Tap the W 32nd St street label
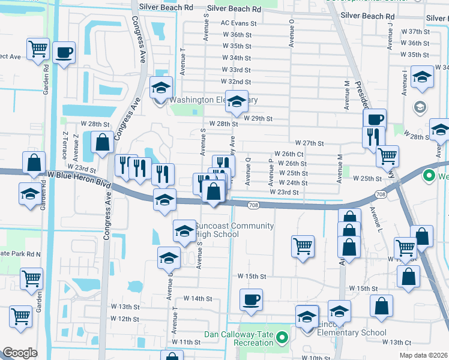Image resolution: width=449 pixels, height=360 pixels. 236,81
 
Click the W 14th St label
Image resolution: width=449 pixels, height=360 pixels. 198,298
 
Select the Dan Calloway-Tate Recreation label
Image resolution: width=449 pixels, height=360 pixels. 238,338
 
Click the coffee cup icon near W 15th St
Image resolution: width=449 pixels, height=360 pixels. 251,299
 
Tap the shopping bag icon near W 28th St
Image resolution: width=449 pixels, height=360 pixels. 102,142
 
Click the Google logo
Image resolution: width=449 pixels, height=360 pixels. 20,353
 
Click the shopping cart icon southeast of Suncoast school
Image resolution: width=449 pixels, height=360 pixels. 303,245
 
